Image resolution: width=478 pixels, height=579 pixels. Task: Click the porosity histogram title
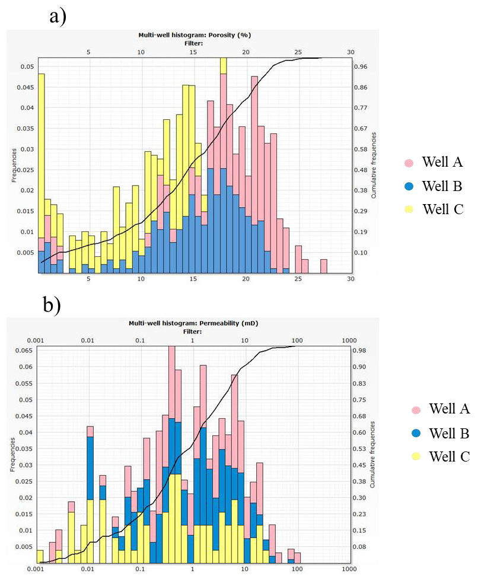pos(195,35)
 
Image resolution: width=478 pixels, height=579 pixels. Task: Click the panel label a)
pos(58,16)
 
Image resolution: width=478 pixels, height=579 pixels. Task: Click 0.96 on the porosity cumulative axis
pos(360,67)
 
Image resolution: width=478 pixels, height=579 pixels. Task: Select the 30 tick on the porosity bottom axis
pos(350,278)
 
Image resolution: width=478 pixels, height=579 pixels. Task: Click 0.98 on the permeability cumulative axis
pos(360,351)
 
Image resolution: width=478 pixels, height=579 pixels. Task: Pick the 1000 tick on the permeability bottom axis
pos(349,568)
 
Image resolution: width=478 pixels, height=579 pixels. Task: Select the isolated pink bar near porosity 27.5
pos(324,266)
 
